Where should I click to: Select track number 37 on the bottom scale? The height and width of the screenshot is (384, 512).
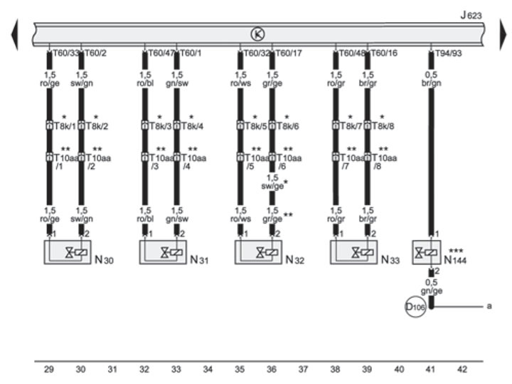pos(303,369)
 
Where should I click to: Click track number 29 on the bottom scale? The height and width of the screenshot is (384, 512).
pos(49,369)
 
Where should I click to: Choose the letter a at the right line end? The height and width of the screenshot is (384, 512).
pos(489,306)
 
